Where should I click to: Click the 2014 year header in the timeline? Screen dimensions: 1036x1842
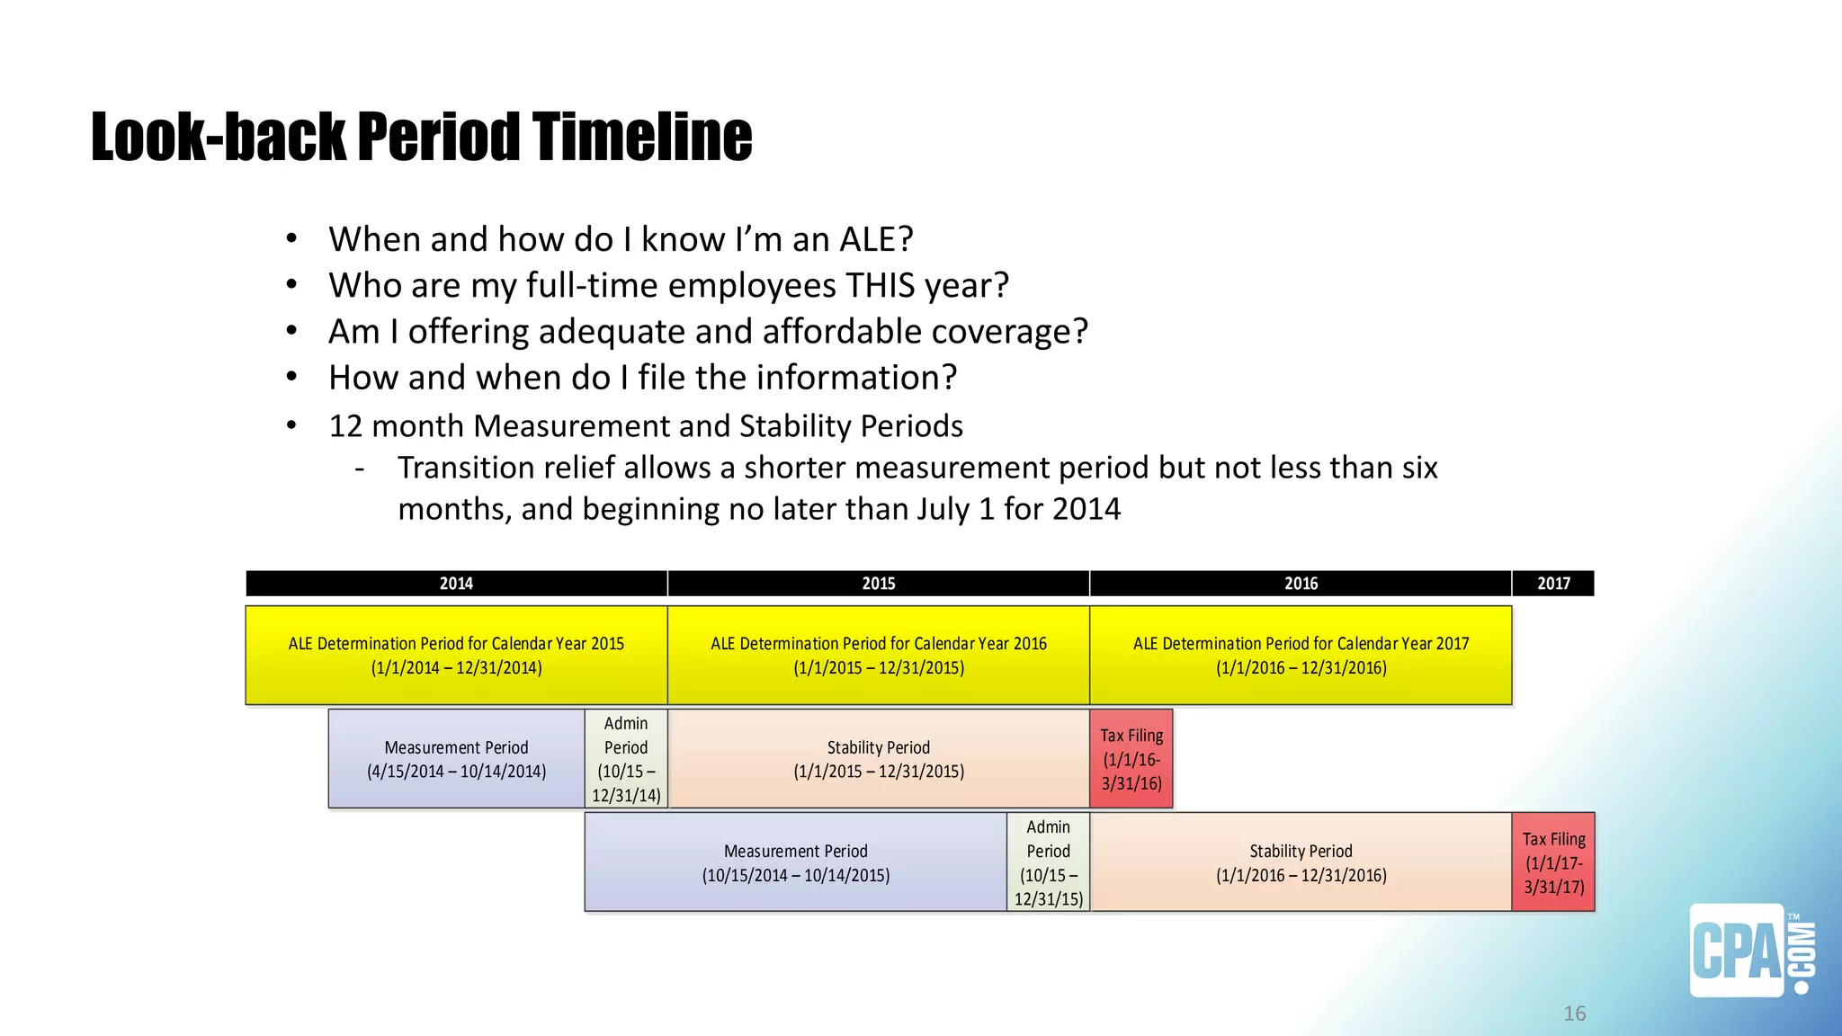coord(456,584)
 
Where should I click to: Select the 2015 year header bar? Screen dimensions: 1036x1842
coord(878,584)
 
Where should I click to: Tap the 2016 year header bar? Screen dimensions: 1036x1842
coord(1301,584)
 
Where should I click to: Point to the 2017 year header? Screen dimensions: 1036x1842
coord(1553,584)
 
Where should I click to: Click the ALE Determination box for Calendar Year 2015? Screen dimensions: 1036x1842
coord(456,656)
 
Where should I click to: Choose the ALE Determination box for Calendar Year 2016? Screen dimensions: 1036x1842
coord(878,656)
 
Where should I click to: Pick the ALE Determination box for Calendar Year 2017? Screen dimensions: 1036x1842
coord(1301,656)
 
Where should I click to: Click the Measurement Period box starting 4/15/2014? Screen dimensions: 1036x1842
coord(456,759)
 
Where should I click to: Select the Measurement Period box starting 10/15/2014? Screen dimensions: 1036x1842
coord(795,862)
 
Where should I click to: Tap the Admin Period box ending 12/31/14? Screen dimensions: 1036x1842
coord(626,759)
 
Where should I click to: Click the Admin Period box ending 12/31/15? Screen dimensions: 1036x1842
coord(1048,862)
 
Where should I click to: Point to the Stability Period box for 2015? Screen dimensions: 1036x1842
coord(878,759)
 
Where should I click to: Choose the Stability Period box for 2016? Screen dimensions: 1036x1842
coord(1301,862)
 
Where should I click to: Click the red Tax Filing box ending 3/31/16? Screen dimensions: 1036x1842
coord(1131,759)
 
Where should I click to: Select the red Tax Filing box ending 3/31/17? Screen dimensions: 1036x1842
coord(1553,862)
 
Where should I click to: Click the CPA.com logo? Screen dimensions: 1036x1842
coord(1749,951)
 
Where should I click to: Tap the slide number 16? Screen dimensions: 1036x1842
coord(1575,1014)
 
